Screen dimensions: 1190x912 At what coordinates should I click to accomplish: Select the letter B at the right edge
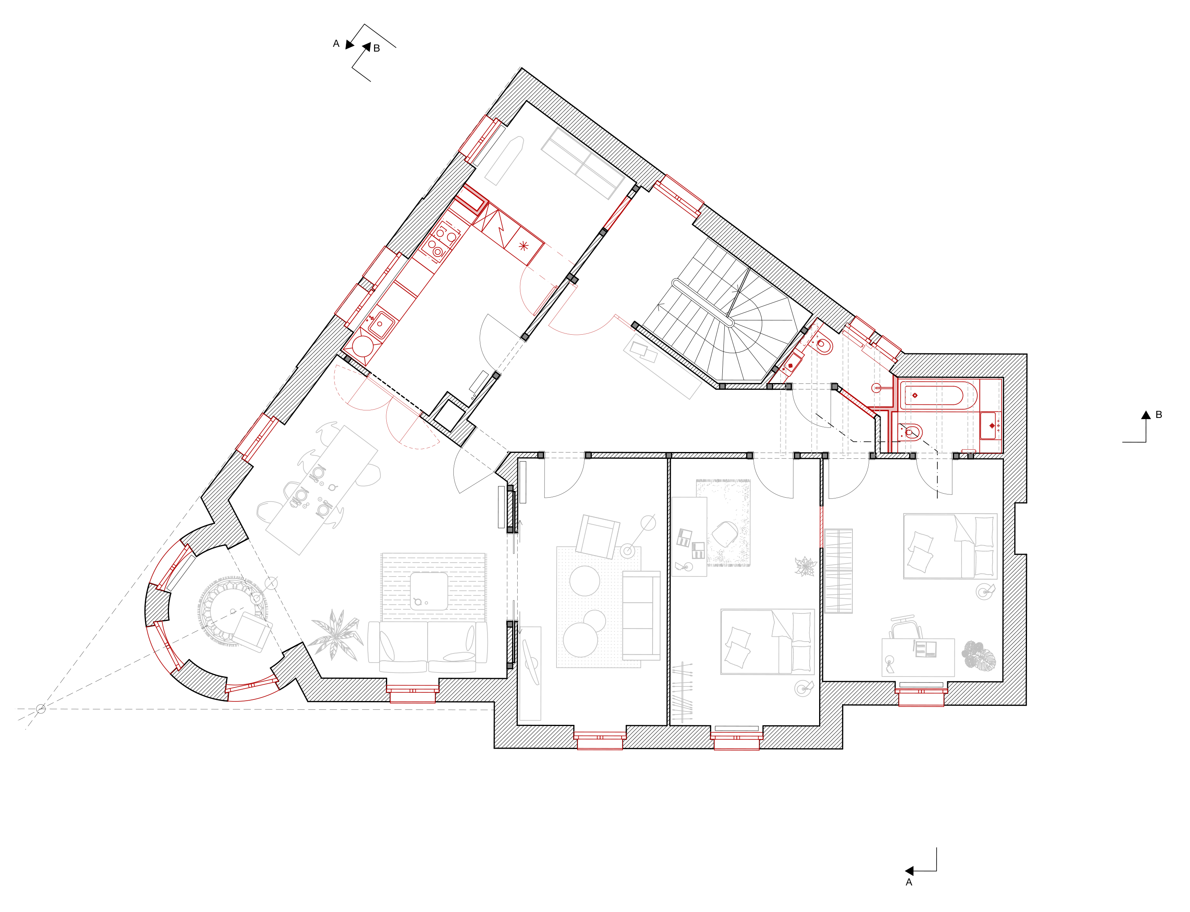(1159, 415)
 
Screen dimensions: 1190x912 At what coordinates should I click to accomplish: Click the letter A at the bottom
(909, 883)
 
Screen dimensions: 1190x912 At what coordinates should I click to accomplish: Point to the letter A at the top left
(336, 44)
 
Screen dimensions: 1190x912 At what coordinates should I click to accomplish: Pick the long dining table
(322, 490)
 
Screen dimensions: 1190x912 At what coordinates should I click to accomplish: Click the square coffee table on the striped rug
(429, 591)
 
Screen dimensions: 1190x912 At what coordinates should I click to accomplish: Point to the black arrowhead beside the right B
(1146, 415)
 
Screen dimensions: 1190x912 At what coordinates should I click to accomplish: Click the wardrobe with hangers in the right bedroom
(838, 571)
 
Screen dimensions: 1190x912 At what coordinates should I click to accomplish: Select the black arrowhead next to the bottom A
(909, 871)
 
